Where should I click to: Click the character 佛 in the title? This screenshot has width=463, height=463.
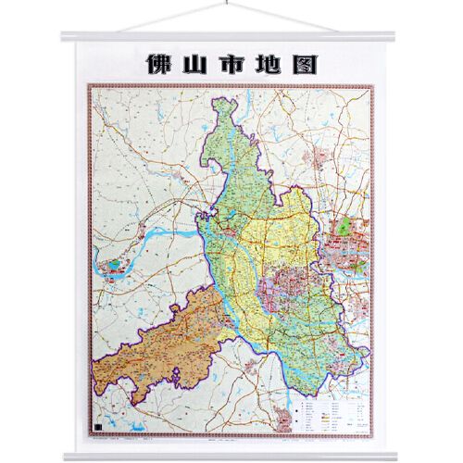point(161,64)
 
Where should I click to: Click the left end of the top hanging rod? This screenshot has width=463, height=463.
point(62,37)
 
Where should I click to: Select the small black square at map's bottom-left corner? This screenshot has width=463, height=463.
point(98,420)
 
